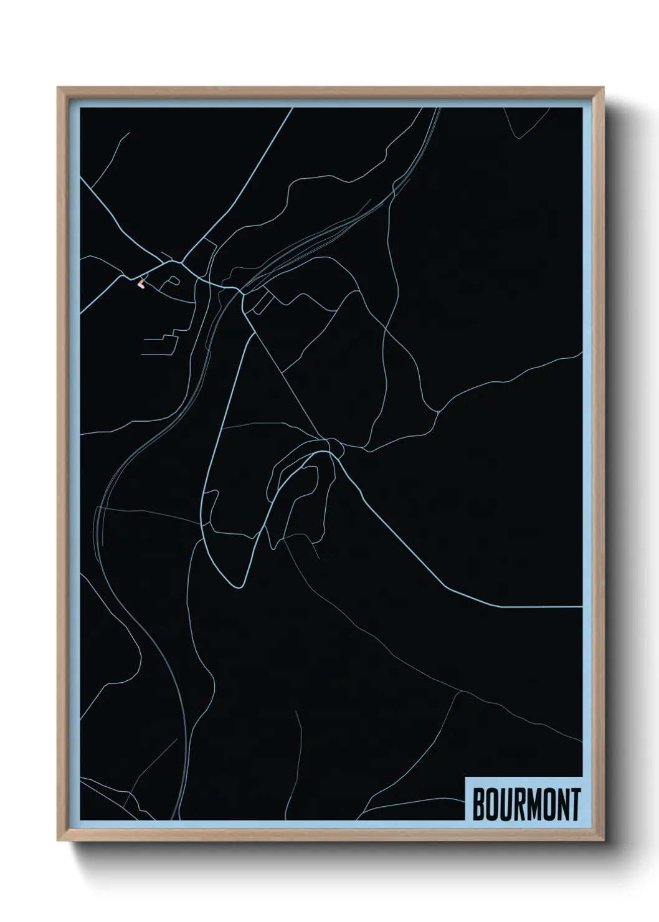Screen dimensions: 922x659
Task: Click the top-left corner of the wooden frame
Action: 58,87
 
